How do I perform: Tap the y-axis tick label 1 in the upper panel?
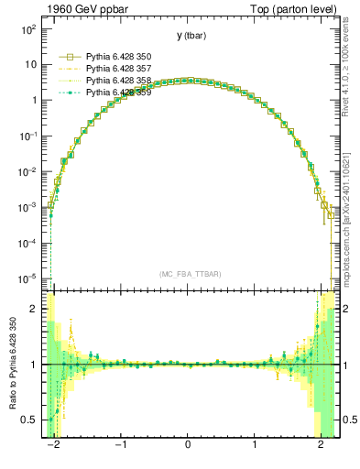[x=33, y=101]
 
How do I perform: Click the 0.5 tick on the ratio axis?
[x=30, y=420]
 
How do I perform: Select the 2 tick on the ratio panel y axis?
[x=35, y=310]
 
